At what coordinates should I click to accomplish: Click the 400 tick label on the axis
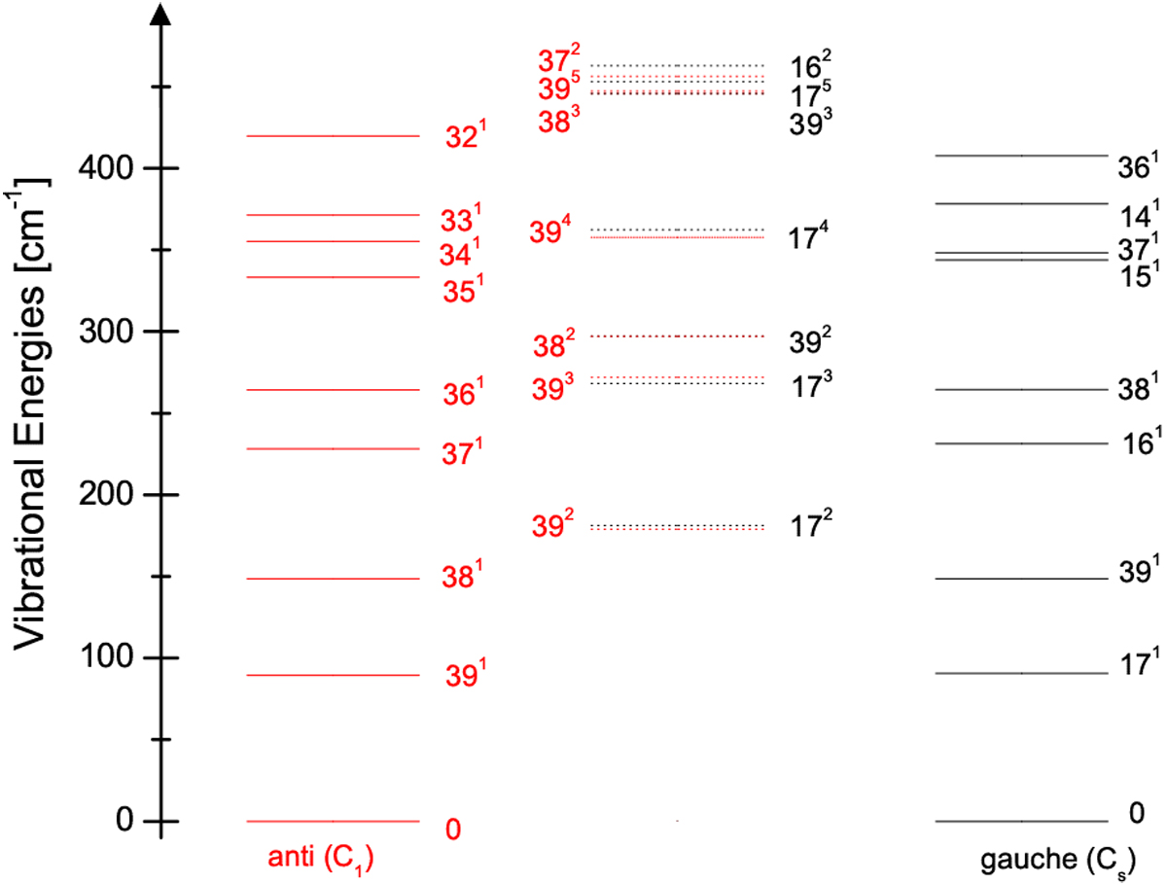click(x=105, y=168)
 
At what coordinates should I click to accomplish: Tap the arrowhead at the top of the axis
click(x=161, y=13)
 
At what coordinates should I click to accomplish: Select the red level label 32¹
click(x=466, y=134)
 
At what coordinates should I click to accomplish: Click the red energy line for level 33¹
click(x=334, y=215)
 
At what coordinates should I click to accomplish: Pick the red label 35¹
click(x=464, y=289)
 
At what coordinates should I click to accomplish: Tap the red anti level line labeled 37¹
click(x=334, y=448)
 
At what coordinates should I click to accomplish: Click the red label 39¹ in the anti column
click(x=466, y=673)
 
